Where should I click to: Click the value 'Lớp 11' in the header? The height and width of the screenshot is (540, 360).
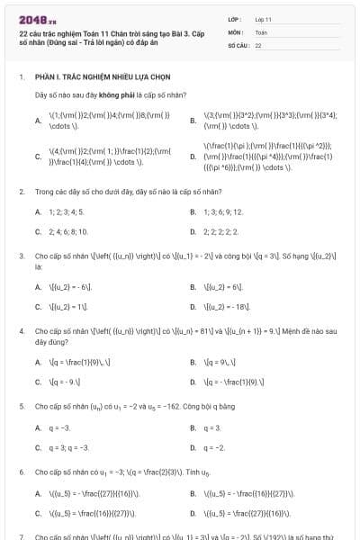tap(264, 19)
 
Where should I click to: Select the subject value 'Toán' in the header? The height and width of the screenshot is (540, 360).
tap(261, 31)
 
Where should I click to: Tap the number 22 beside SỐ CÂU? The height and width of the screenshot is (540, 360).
tap(258, 44)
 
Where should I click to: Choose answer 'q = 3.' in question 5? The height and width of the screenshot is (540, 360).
tap(212, 427)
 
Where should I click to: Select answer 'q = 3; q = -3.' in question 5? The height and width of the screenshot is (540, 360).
tap(68, 447)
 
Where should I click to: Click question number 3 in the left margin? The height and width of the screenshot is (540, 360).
tap(22, 256)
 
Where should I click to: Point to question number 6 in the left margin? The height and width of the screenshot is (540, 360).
tap(22, 472)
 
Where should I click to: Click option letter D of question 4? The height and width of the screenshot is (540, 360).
tap(193, 382)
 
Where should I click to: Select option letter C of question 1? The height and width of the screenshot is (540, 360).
tap(38, 157)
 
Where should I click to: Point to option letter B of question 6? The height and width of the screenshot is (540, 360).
tap(193, 493)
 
